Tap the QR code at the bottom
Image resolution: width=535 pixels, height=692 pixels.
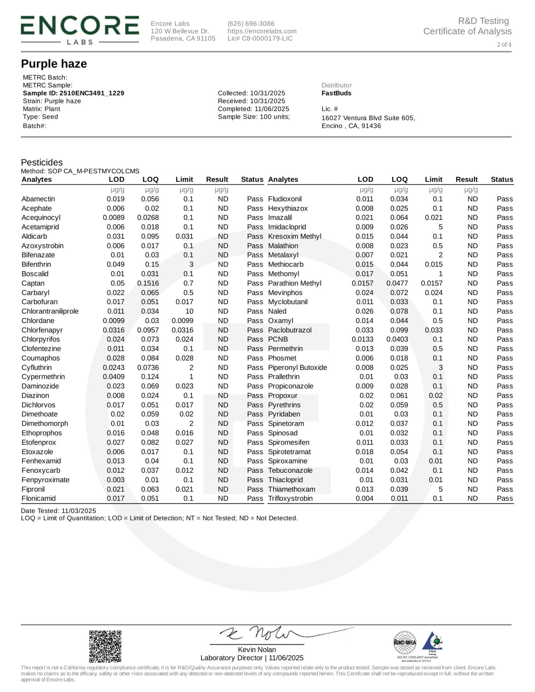pyautogui.click(x=105, y=646)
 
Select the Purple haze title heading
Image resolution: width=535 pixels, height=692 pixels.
pyautogui.click(x=54, y=64)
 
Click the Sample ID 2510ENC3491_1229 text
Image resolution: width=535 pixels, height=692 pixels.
pyautogui.click(x=73, y=93)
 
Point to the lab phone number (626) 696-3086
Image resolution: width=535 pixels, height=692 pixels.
pyautogui.click(x=251, y=24)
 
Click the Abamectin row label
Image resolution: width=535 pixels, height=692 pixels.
pyautogui.click(x=38, y=199)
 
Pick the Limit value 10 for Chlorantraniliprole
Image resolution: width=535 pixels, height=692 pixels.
pyautogui.click(x=189, y=311)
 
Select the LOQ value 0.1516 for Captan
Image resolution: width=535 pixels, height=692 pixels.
pyautogui.click(x=148, y=283)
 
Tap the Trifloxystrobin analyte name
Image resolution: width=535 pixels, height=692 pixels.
pyautogui.click(x=290, y=499)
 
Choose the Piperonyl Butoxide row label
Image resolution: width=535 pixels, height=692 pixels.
pyautogui.click(x=298, y=367)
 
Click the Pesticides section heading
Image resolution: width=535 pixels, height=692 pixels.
pyautogui.click(x=42, y=162)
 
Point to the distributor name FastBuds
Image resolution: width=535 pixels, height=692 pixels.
pyautogui.click(x=336, y=93)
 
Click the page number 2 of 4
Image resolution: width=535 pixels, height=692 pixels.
pyautogui.click(x=504, y=44)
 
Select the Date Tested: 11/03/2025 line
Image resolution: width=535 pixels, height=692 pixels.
pyautogui.click(x=58, y=511)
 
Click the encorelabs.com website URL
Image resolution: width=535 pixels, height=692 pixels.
pyautogui.click(x=262, y=31)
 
